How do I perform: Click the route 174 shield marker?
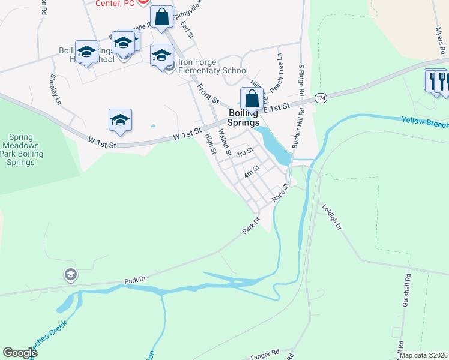(x=321, y=98)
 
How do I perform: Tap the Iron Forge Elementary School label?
(x=213, y=70)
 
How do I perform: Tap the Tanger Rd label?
(x=265, y=355)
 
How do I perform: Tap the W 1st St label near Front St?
(x=187, y=136)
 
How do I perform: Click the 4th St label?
(x=251, y=172)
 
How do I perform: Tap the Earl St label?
(x=188, y=31)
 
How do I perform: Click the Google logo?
(x=20, y=353)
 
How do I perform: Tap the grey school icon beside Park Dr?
(x=70, y=275)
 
